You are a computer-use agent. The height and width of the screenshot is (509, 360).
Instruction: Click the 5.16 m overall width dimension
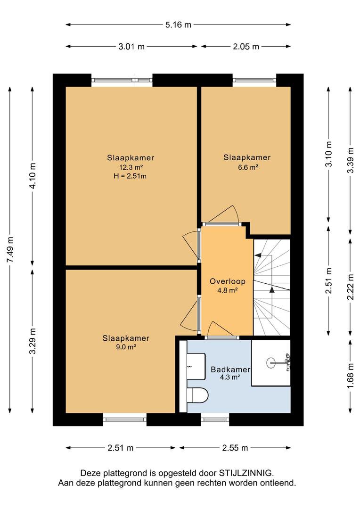(x=178, y=25)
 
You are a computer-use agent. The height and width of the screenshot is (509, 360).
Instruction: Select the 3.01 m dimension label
(x=131, y=46)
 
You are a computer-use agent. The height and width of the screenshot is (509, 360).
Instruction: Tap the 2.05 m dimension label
(x=246, y=46)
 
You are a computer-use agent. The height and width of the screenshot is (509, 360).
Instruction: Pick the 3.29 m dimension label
(x=33, y=341)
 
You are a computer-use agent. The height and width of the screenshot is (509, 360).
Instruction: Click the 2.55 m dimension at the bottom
(x=235, y=448)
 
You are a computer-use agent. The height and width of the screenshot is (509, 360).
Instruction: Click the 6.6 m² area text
(x=247, y=167)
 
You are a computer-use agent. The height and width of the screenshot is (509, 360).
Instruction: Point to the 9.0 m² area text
(x=126, y=347)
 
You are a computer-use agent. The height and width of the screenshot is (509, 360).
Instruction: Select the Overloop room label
(x=227, y=281)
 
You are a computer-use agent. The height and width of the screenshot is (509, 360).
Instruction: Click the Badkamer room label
(x=230, y=369)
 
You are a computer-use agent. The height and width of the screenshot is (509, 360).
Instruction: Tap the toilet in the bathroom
(x=198, y=395)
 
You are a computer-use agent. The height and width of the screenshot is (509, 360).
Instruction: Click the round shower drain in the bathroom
(x=271, y=362)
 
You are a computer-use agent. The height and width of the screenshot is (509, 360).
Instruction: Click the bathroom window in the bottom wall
(x=215, y=419)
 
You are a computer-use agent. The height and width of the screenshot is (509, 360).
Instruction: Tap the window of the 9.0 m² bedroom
(x=125, y=419)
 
